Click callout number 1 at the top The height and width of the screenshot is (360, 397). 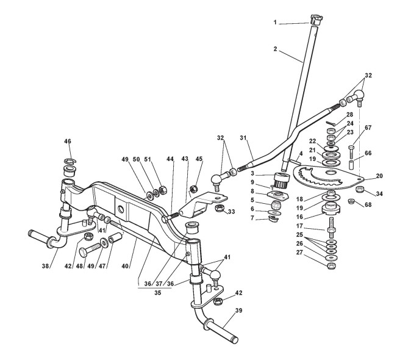click(275, 22)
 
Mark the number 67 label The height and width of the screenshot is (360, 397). click(368, 128)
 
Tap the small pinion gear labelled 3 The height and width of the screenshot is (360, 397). click(281, 180)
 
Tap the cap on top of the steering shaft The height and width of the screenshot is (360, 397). click(315, 19)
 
